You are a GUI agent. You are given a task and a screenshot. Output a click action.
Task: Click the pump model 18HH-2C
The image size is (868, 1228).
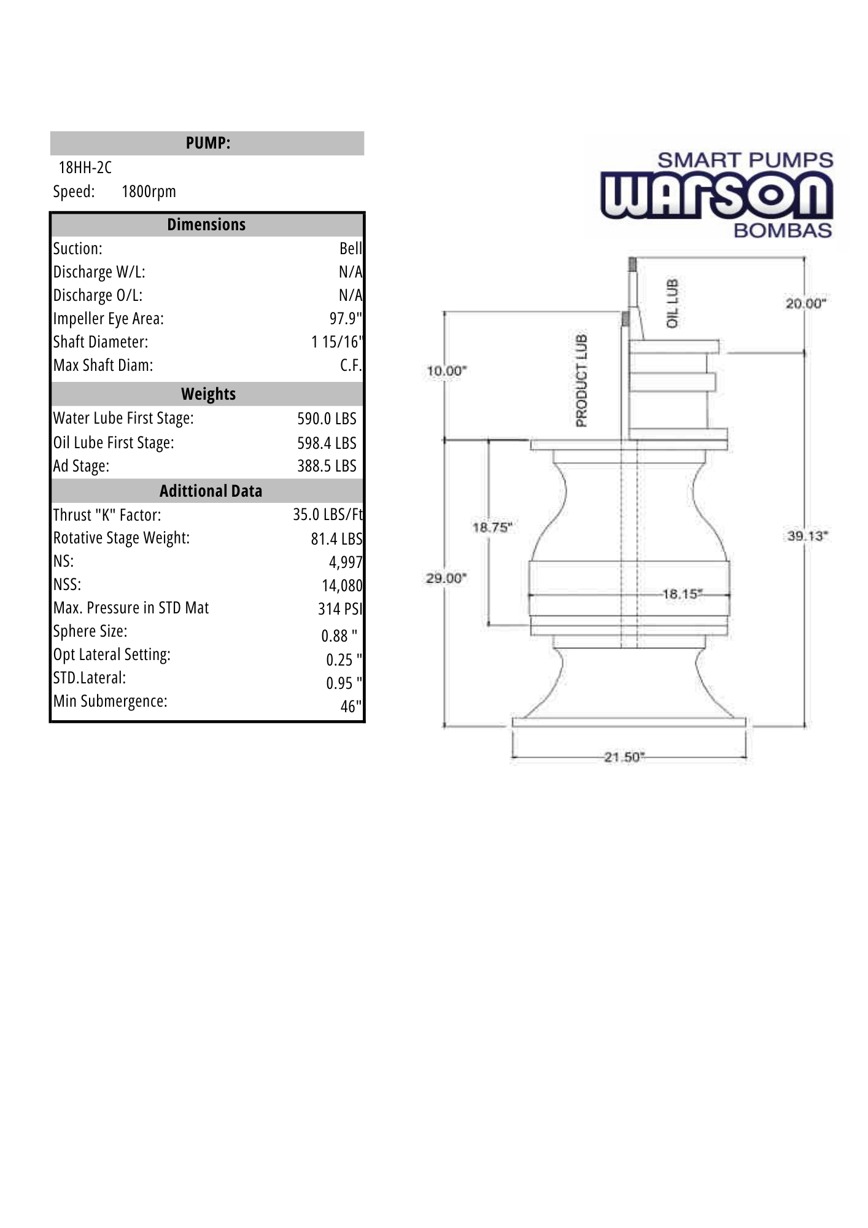(x=85, y=167)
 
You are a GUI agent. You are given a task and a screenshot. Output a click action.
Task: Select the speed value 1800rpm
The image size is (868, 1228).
(x=149, y=192)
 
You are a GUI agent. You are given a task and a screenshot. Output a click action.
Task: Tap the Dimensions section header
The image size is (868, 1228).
(x=206, y=225)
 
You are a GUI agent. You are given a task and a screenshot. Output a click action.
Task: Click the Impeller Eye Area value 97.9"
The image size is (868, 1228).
(x=346, y=319)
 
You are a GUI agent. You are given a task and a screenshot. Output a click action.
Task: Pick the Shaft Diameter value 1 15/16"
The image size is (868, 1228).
(x=337, y=342)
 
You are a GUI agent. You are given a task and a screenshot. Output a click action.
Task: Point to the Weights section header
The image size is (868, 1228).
(x=208, y=394)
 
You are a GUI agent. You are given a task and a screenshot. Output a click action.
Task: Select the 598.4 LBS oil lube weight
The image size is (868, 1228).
(x=327, y=443)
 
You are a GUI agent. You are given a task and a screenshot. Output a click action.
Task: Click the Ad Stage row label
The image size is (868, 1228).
(x=81, y=466)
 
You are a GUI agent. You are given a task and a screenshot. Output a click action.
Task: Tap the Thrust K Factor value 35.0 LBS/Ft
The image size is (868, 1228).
(x=328, y=515)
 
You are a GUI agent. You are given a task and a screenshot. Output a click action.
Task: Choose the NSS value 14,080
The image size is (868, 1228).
(x=342, y=586)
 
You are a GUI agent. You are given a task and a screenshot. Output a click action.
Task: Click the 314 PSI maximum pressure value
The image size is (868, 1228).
(x=340, y=608)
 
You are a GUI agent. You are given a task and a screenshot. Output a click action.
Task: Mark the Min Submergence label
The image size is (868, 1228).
(x=110, y=701)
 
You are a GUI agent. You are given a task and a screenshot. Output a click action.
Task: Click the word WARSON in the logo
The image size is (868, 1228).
(x=716, y=196)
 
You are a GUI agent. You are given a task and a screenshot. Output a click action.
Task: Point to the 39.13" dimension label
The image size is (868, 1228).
(x=807, y=536)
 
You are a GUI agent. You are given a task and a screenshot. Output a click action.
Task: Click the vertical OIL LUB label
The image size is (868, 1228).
(x=672, y=303)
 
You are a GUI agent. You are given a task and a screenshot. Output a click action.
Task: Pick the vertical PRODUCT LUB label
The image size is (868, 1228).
(x=581, y=380)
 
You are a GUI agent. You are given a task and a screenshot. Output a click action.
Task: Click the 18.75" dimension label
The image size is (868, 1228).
(x=492, y=527)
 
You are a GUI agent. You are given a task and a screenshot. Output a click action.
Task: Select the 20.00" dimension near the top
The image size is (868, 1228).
(x=805, y=303)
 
